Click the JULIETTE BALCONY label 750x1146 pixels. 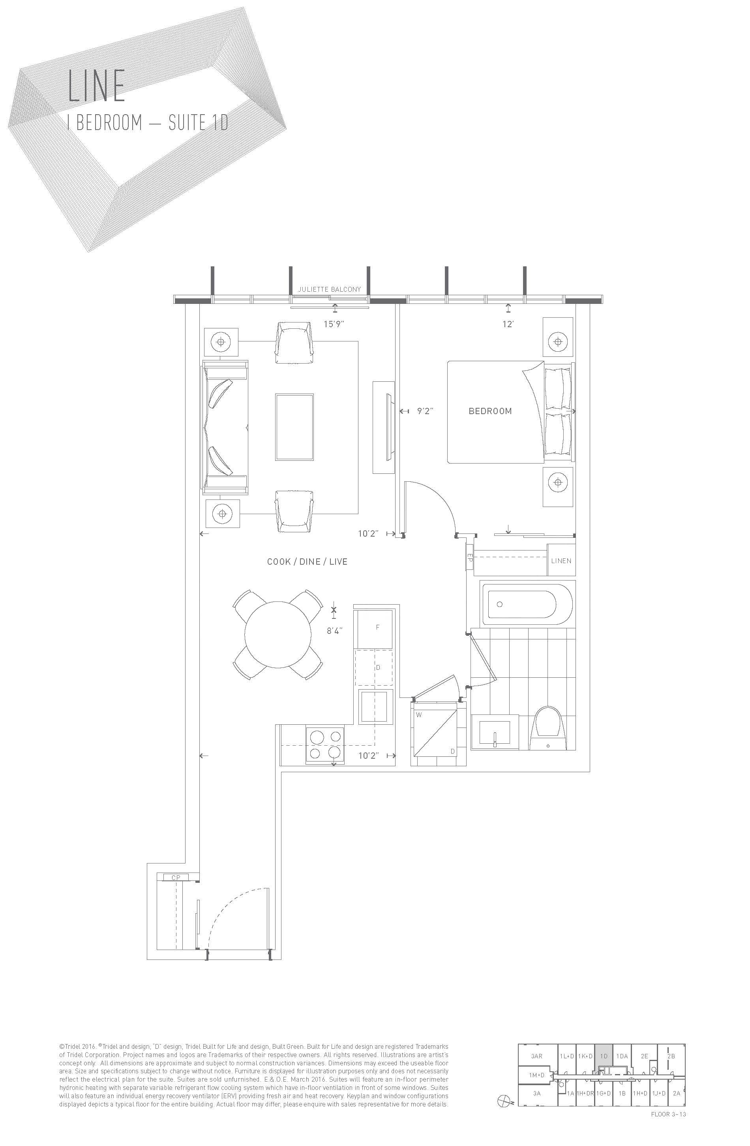click(329, 289)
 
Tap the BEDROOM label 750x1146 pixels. click(490, 411)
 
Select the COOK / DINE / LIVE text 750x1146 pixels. click(307, 562)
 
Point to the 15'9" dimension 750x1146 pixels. click(334, 324)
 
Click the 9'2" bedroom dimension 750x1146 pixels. click(425, 411)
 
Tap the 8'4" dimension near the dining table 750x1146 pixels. click(334, 631)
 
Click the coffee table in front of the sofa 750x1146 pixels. click(294, 427)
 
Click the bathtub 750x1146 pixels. click(528, 604)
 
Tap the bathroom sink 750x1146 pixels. click(495, 732)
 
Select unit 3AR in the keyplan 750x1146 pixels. click(536, 1056)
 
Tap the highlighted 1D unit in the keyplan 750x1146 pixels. click(604, 1056)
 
